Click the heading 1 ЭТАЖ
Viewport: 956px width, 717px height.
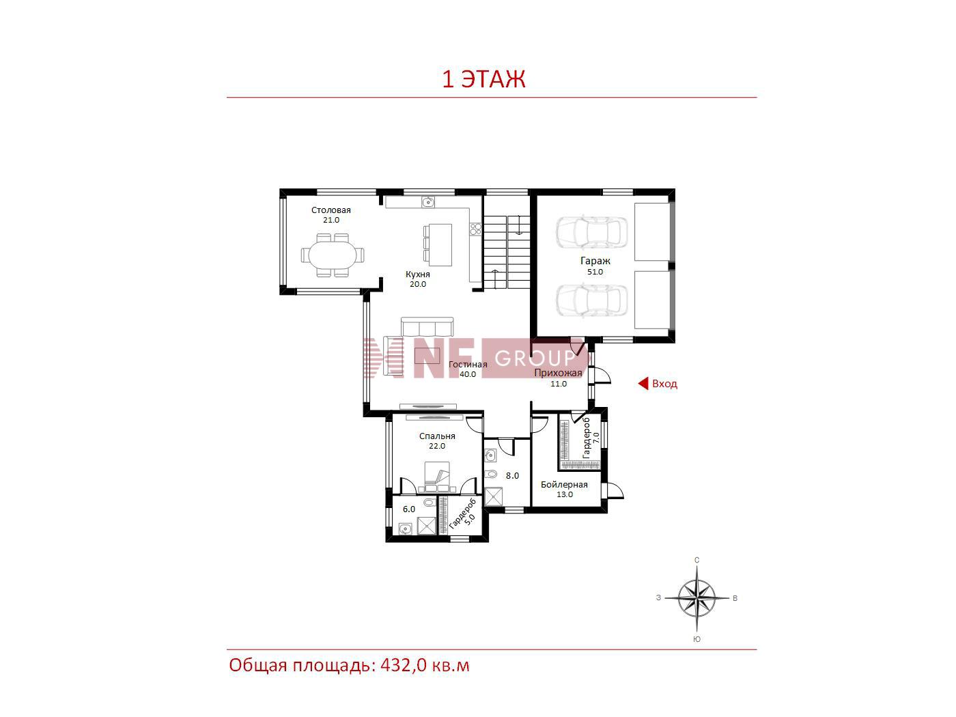483,79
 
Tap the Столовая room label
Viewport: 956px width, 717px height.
331,210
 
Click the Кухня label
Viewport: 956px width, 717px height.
418,275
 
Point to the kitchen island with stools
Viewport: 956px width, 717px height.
438,244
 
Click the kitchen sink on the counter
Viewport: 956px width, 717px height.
428,201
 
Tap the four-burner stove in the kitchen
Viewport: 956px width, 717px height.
475,229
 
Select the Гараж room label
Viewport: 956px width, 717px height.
595,262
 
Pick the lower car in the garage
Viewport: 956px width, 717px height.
592,300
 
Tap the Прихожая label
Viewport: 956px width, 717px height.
558,373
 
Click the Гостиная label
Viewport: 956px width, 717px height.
468,365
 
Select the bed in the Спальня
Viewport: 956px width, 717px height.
437,477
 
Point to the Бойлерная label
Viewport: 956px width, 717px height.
564,485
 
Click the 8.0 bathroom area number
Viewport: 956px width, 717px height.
512,476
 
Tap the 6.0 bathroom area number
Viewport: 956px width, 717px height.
409,509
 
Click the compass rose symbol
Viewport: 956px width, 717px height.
697,599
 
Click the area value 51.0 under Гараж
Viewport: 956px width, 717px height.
595,272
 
